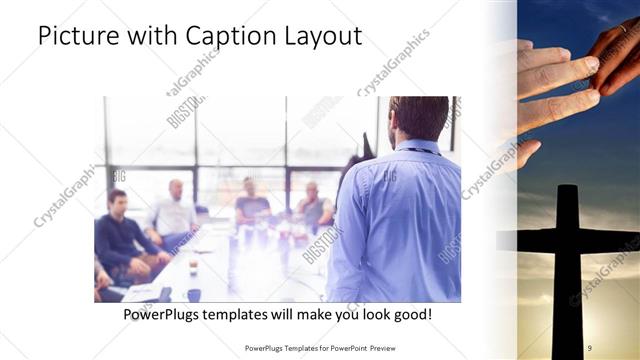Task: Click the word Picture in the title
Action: [x=81, y=38]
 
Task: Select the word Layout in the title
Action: [x=319, y=38]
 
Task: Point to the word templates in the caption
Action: [x=245, y=315]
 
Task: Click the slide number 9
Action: [x=590, y=346]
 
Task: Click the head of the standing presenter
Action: [x=419, y=118]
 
